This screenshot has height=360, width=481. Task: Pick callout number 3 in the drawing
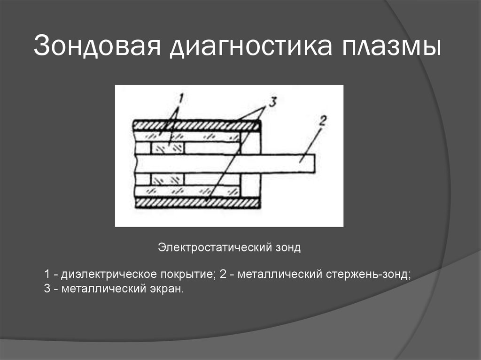pos(273,100)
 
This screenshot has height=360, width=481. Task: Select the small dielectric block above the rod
pos(167,148)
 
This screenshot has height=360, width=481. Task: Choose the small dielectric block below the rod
pos(167,179)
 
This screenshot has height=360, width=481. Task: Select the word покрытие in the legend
pos(188,274)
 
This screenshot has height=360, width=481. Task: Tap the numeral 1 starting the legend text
pos(47,274)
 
